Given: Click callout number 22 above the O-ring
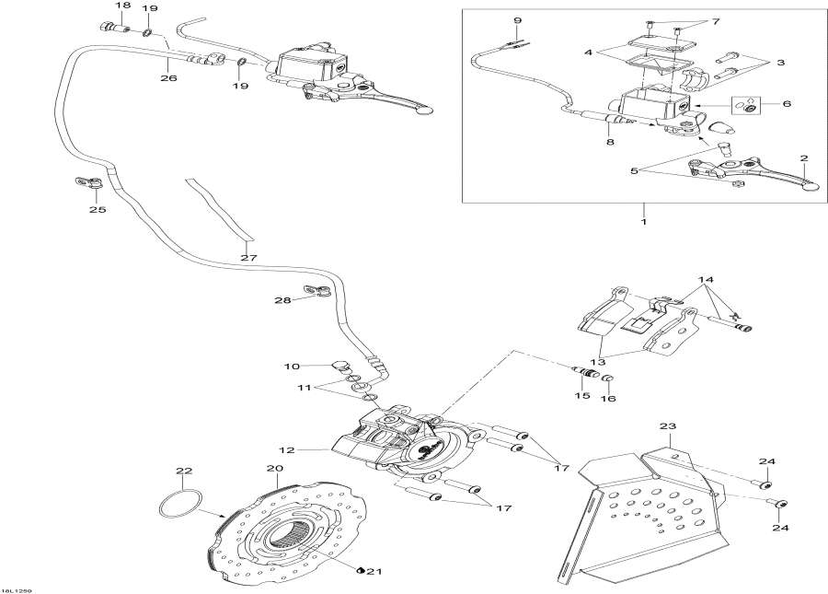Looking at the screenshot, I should click(x=185, y=472).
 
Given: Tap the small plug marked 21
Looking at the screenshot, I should click(x=361, y=569).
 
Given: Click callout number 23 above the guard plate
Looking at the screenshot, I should click(x=668, y=426).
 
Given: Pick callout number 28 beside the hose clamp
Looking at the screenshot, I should click(x=282, y=300).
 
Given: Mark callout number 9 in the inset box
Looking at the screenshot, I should click(x=517, y=20).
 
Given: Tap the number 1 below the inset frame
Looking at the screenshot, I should click(x=644, y=222).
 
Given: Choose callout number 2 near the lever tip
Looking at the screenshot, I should click(x=803, y=157).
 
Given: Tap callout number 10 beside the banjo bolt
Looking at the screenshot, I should click(x=292, y=367).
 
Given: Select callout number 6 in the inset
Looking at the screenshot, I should click(x=786, y=105).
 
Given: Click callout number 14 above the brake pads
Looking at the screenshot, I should click(x=706, y=279).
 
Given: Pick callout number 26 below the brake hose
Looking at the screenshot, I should click(x=167, y=77).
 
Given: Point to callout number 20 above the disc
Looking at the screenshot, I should click(x=273, y=469).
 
